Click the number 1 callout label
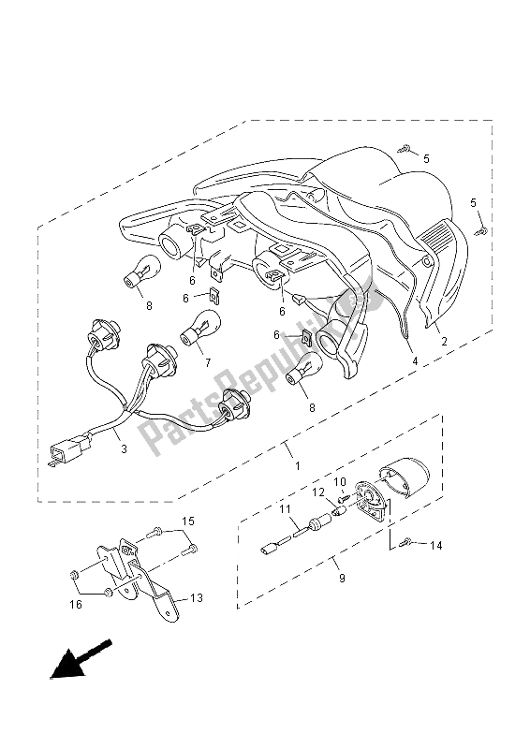coord(297,465)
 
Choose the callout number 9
coord(342,580)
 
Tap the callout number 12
coord(317,492)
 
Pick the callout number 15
coord(187,521)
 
